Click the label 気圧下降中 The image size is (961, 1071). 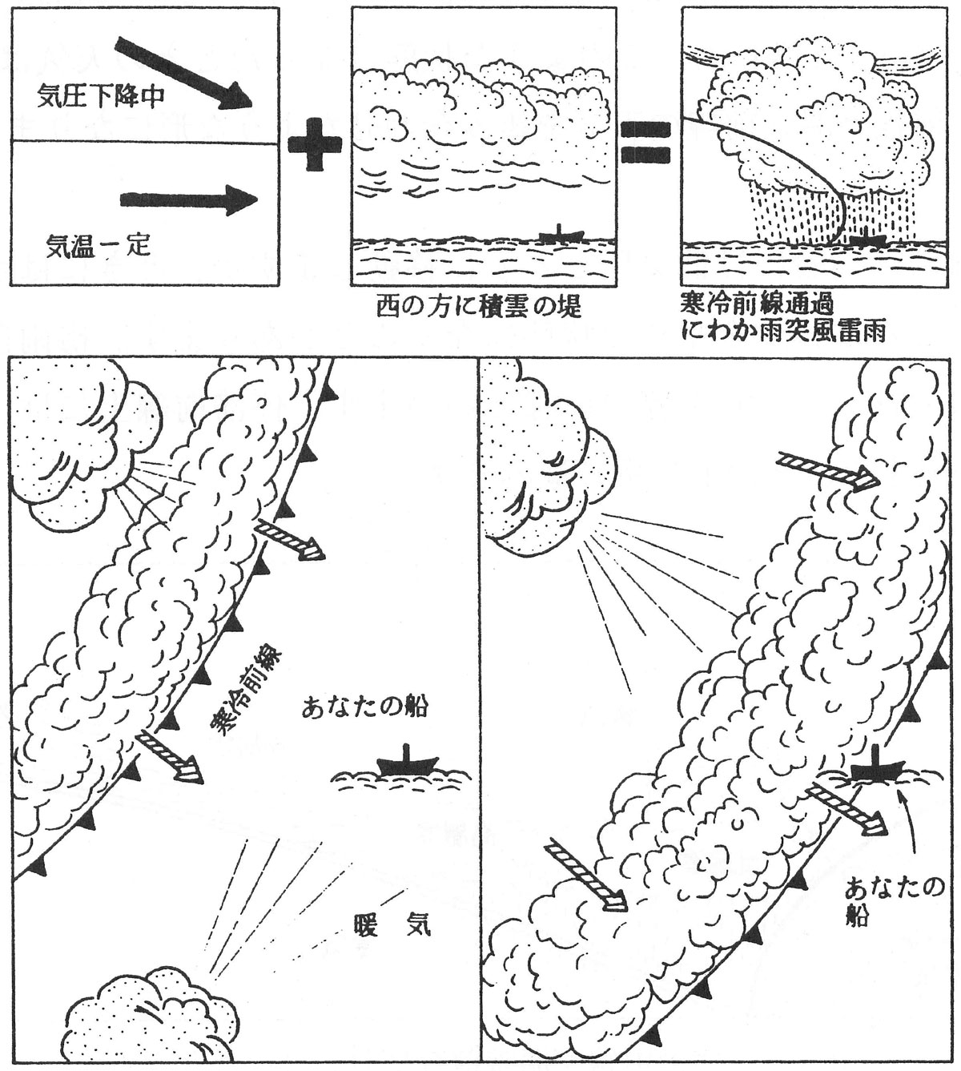tap(101, 97)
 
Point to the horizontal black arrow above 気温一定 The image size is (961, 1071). tap(189, 199)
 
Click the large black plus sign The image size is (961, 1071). tap(316, 145)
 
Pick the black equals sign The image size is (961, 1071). tap(645, 143)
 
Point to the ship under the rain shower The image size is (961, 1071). tap(868, 239)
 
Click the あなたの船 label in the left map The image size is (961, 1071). tap(364, 707)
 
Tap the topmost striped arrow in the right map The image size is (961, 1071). tap(828, 471)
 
